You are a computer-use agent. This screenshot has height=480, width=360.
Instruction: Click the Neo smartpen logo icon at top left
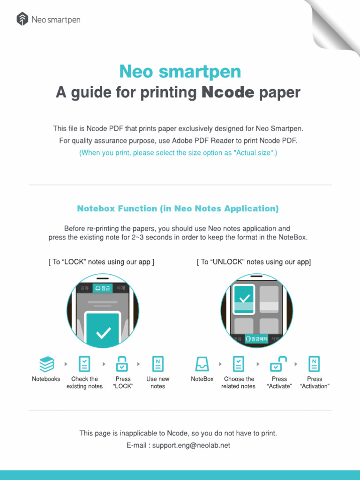pyautogui.click(x=22, y=19)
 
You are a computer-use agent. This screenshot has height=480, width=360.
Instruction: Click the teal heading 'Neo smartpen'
pyautogui.click(x=180, y=72)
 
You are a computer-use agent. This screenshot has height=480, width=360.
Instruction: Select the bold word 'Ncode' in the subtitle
pyautogui.click(x=227, y=92)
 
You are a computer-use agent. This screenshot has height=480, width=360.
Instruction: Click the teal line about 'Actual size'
pyautogui.click(x=178, y=153)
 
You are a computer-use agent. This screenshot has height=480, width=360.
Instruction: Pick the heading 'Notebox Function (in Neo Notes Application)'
pyautogui.click(x=178, y=209)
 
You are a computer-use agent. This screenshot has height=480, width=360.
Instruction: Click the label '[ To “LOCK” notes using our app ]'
pyautogui.click(x=101, y=262)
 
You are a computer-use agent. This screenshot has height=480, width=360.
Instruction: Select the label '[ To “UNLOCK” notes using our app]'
pyautogui.click(x=254, y=262)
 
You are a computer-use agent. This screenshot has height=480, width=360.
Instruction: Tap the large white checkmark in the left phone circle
pyautogui.click(x=103, y=333)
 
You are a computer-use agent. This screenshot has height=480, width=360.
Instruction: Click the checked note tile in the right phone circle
pyautogui.click(x=244, y=299)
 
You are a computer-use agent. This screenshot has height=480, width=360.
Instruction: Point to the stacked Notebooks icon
pyautogui.click(x=46, y=364)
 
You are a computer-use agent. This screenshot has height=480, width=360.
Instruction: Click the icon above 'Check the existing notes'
pyautogui.click(x=84, y=364)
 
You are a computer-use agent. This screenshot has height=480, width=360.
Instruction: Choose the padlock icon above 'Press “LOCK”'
pyautogui.click(x=123, y=364)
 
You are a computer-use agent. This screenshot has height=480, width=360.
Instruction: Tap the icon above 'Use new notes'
pyautogui.click(x=157, y=364)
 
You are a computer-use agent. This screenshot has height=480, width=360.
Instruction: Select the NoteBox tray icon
pyautogui.click(x=202, y=364)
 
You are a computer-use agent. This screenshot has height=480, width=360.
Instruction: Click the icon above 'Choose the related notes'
pyautogui.click(x=239, y=364)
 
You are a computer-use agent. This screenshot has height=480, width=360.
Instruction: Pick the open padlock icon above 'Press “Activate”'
pyautogui.click(x=279, y=364)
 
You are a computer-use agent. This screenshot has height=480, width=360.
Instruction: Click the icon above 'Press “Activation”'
pyautogui.click(x=314, y=364)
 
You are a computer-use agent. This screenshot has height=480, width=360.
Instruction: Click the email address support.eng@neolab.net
pyautogui.click(x=191, y=445)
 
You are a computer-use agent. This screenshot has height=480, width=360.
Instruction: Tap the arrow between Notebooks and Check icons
pyautogui.click(x=65, y=364)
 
